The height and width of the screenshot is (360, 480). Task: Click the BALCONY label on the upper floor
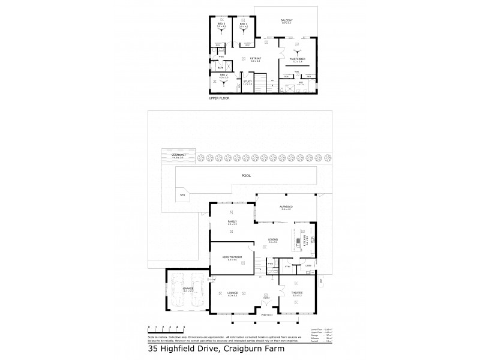(x=286, y=21)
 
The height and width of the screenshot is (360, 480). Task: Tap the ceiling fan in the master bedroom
(x=296, y=52)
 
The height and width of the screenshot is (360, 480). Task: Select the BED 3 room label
(x=221, y=23)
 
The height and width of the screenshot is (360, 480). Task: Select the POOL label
(x=245, y=176)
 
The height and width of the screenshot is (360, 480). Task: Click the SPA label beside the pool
(x=181, y=194)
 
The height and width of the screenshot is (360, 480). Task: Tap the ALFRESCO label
(x=286, y=207)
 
